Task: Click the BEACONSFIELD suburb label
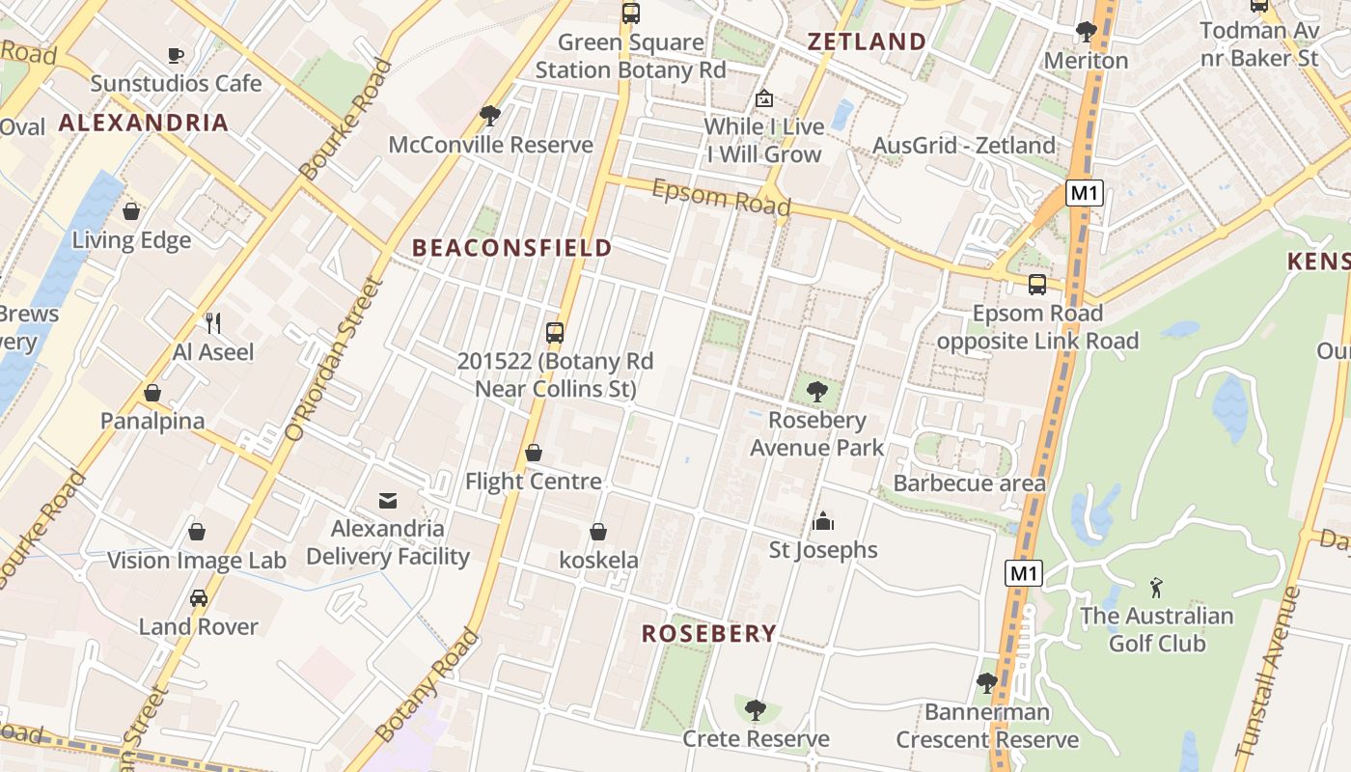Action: point(512,248)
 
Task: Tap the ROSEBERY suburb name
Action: point(709,633)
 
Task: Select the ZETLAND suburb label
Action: point(867,41)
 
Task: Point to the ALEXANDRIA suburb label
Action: point(144,123)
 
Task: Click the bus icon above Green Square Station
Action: point(630,14)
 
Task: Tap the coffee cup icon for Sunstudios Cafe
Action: point(175,55)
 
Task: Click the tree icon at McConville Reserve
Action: point(489,116)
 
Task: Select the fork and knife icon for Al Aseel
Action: point(213,323)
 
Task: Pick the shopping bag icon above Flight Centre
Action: point(533,453)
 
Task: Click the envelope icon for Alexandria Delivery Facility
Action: point(388,500)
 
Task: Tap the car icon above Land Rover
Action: point(198,598)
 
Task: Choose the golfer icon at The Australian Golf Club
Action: point(1156,587)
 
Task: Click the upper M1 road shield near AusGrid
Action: point(1084,193)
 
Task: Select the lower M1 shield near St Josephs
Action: point(1023,574)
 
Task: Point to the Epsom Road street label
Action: point(721,197)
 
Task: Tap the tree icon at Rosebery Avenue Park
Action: point(816,392)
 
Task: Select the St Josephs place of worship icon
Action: point(823,521)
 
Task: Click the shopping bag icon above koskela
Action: point(598,532)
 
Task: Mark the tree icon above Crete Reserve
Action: point(756,710)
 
